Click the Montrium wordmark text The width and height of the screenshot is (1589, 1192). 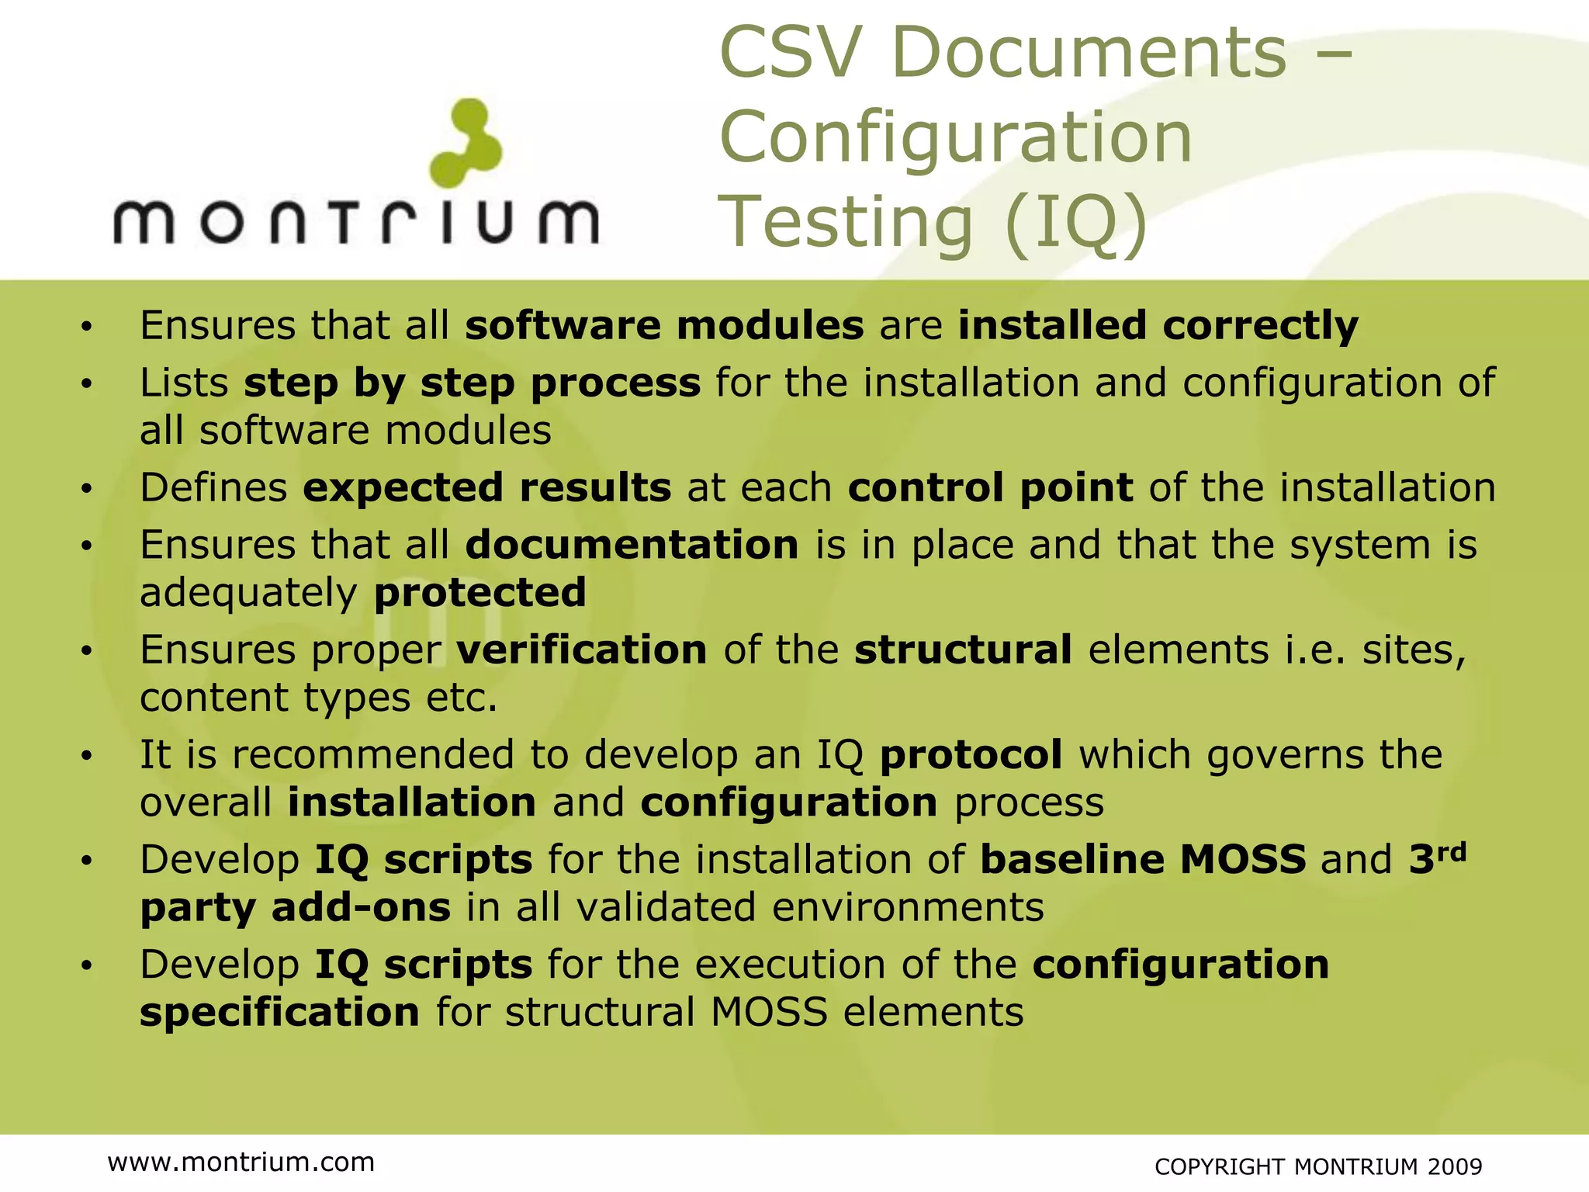356,221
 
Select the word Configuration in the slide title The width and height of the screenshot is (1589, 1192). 956,137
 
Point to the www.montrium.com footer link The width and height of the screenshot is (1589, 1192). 241,1162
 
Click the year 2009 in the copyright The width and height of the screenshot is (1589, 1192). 1455,1166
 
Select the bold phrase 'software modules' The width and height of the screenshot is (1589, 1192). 664,325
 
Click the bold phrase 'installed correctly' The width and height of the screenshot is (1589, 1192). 1158,325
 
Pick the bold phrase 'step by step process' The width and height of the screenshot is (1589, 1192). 473,383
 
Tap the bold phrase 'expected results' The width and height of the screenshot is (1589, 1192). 487,487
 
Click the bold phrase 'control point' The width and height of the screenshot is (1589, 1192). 990,487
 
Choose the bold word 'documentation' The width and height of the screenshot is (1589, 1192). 632,545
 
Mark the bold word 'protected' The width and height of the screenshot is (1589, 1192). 480,593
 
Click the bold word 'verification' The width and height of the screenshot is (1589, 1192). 582,650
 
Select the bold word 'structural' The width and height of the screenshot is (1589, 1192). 963,650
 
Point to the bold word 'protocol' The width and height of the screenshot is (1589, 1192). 971,754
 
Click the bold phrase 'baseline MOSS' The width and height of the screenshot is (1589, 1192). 1143,859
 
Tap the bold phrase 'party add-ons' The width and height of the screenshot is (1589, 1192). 296,907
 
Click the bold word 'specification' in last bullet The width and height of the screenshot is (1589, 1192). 280,1012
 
